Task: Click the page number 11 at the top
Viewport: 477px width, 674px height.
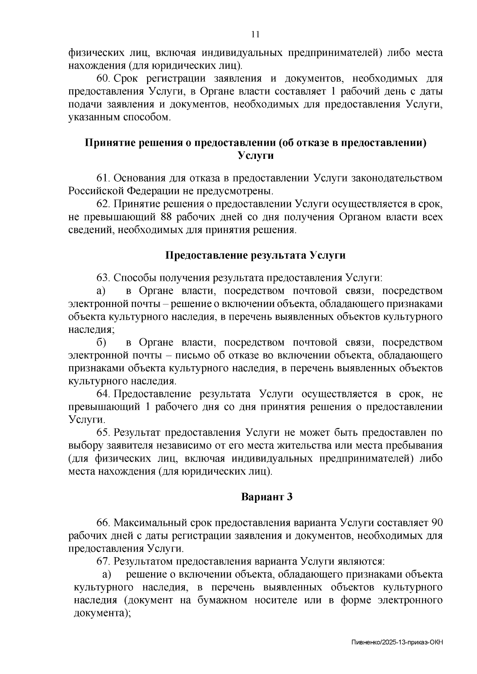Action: pyautogui.click(x=256, y=35)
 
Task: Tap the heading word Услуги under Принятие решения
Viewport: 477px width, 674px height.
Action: pyautogui.click(x=256, y=155)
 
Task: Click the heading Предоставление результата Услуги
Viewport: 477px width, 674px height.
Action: pyautogui.click(x=255, y=255)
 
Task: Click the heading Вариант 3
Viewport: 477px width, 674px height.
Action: pyautogui.click(x=267, y=497)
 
